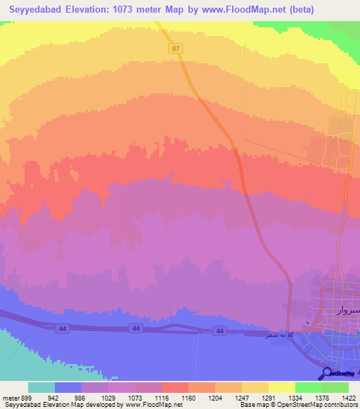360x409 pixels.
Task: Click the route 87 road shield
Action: [175, 48]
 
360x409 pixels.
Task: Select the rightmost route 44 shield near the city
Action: [220, 331]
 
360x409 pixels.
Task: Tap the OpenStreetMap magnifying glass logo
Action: [327, 374]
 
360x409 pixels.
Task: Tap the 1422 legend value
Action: [348, 397]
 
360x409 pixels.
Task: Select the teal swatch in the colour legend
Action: [41, 387]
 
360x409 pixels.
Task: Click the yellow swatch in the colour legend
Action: [281, 387]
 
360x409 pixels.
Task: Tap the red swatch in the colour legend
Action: [174, 387]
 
